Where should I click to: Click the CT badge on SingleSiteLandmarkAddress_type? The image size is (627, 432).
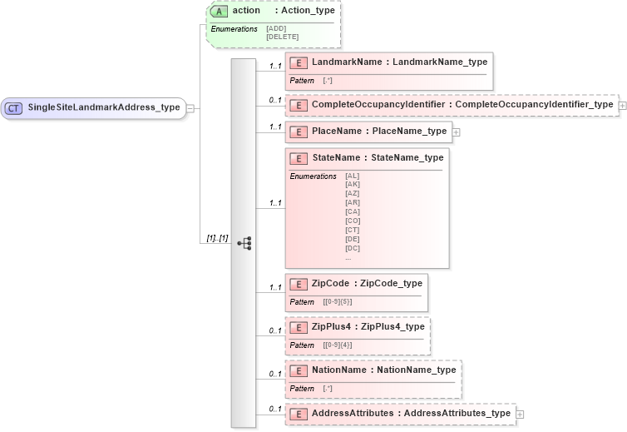point(14,107)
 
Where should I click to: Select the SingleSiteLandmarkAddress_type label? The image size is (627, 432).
point(104,107)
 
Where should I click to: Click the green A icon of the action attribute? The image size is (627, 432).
point(220,12)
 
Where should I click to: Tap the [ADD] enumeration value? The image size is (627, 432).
point(276,29)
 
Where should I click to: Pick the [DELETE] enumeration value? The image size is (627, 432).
point(282,37)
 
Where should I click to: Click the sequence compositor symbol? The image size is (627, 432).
point(244,243)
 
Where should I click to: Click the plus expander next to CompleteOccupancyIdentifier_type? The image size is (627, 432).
point(622,105)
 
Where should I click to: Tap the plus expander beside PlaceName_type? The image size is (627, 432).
point(456,132)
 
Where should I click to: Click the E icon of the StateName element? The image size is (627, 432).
point(299,158)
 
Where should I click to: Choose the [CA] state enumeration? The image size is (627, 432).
point(353,211)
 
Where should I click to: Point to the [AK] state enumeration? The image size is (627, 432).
point(353,184)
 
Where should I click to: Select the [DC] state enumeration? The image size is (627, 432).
point(353,247)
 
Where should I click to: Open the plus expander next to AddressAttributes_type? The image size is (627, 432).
point(520,414)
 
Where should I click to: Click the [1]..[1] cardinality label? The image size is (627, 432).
point(218,239)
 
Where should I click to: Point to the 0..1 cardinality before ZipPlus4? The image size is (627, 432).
point(275,331)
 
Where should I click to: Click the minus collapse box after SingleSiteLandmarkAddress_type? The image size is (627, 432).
point(190,107)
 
